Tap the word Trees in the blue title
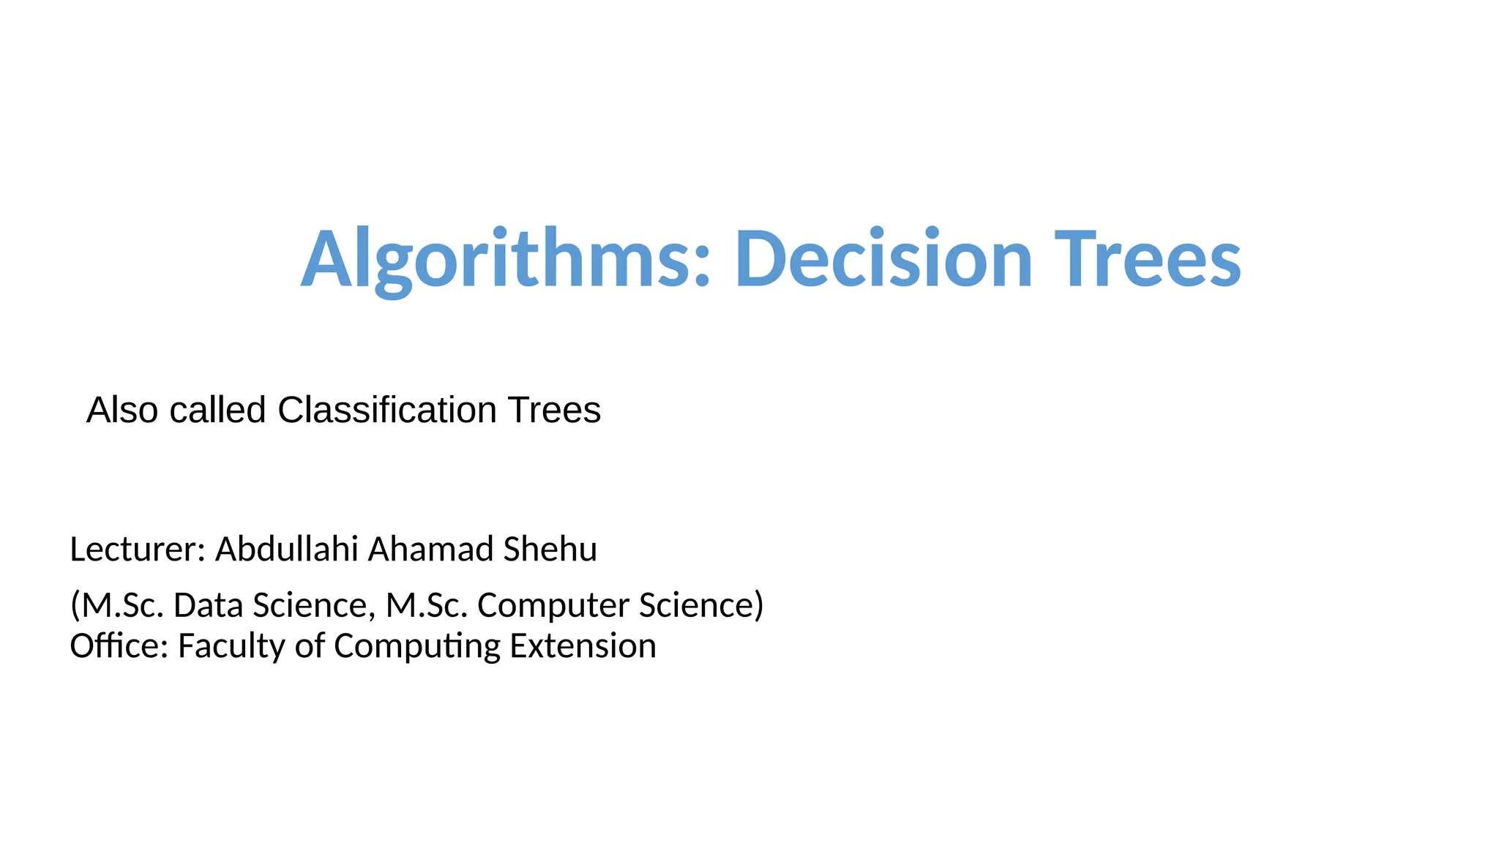coord(1147,259)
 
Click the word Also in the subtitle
coord(122,410)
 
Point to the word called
coord(217,410)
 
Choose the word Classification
coord(387,410)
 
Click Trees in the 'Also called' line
coord(554,410)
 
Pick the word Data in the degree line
coord(208,605)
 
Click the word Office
coord(119,646)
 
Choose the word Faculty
coord(231,646)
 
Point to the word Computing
coord(416,646)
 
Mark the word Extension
coord(583,646)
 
